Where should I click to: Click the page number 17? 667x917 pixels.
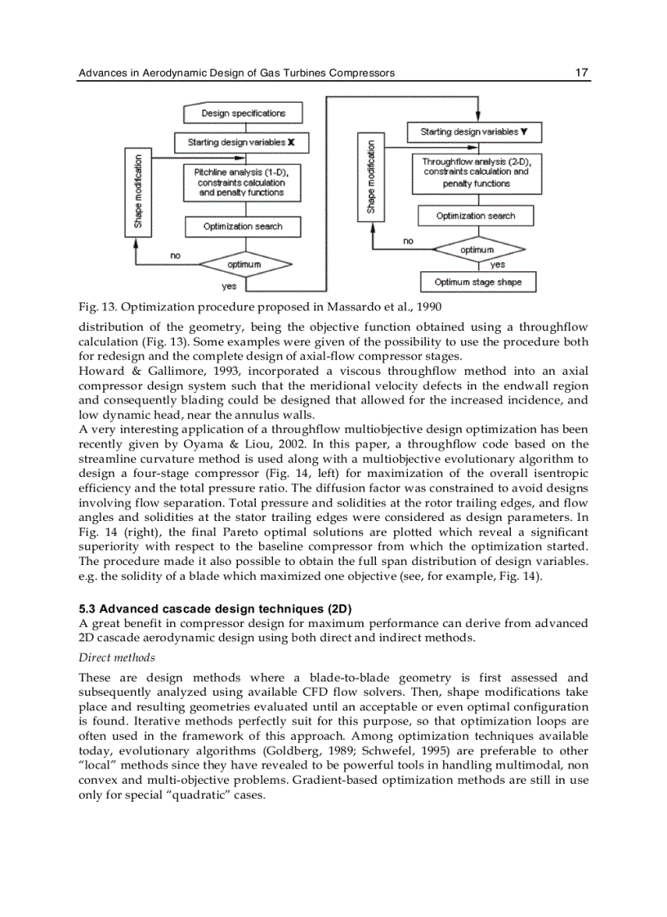(581, 73)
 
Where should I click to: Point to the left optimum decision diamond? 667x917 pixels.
(244, 265)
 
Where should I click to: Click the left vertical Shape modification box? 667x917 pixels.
(138, 193)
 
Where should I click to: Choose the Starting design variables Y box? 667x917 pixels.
(474, 131)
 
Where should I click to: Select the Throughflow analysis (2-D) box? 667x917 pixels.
(476, 173)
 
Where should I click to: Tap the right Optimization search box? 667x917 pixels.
(476, 216)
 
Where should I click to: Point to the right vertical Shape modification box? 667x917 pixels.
(370, 176)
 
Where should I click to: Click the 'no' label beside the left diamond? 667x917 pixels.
(175, 256)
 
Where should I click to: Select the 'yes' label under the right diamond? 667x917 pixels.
(497, 265)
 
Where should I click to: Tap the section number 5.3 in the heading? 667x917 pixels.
(87, 608)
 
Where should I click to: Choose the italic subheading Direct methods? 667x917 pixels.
(116, 657)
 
